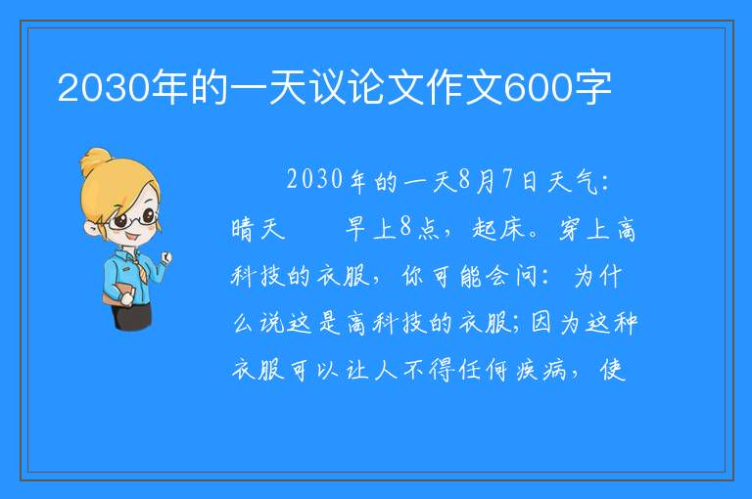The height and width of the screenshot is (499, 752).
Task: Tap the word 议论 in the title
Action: (344, 88)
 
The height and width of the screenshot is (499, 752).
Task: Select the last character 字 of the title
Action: (592, 88)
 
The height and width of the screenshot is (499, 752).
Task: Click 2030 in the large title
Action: (104, 88)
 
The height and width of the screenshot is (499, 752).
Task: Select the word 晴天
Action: (258, 229)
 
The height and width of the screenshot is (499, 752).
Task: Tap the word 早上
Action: (371, 228)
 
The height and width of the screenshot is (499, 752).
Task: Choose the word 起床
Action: (497, 229)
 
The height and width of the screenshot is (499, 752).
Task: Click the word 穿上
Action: (585, 229)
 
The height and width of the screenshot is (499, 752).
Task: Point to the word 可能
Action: (456, 276)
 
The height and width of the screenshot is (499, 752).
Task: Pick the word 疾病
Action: (541, 370)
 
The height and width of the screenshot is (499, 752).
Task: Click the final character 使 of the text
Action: (613, 370)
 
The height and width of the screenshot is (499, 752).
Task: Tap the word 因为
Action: (555, 323)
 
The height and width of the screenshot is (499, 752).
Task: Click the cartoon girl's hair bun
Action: (95, 161)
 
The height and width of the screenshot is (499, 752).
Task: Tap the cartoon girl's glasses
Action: (131, 219)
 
